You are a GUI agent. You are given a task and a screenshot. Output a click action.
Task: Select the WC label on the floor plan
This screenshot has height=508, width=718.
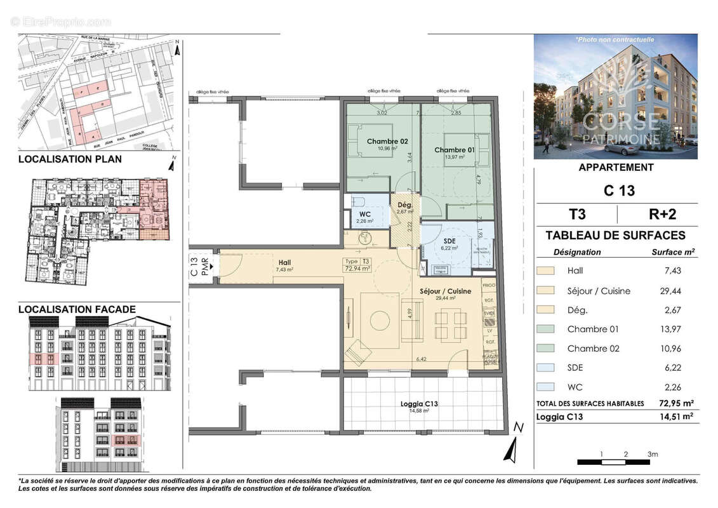point(364,214)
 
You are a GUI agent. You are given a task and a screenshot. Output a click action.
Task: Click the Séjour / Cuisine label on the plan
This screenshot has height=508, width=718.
point(446,291)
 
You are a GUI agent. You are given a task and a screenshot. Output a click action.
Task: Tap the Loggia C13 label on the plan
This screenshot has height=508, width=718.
point(419,404)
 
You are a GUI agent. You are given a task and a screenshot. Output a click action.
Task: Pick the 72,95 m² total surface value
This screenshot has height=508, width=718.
point(675,403)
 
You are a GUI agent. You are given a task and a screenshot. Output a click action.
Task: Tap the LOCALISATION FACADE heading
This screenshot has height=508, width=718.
point(77,309)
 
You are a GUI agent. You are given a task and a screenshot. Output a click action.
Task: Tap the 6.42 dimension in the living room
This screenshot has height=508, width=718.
point(420,359)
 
